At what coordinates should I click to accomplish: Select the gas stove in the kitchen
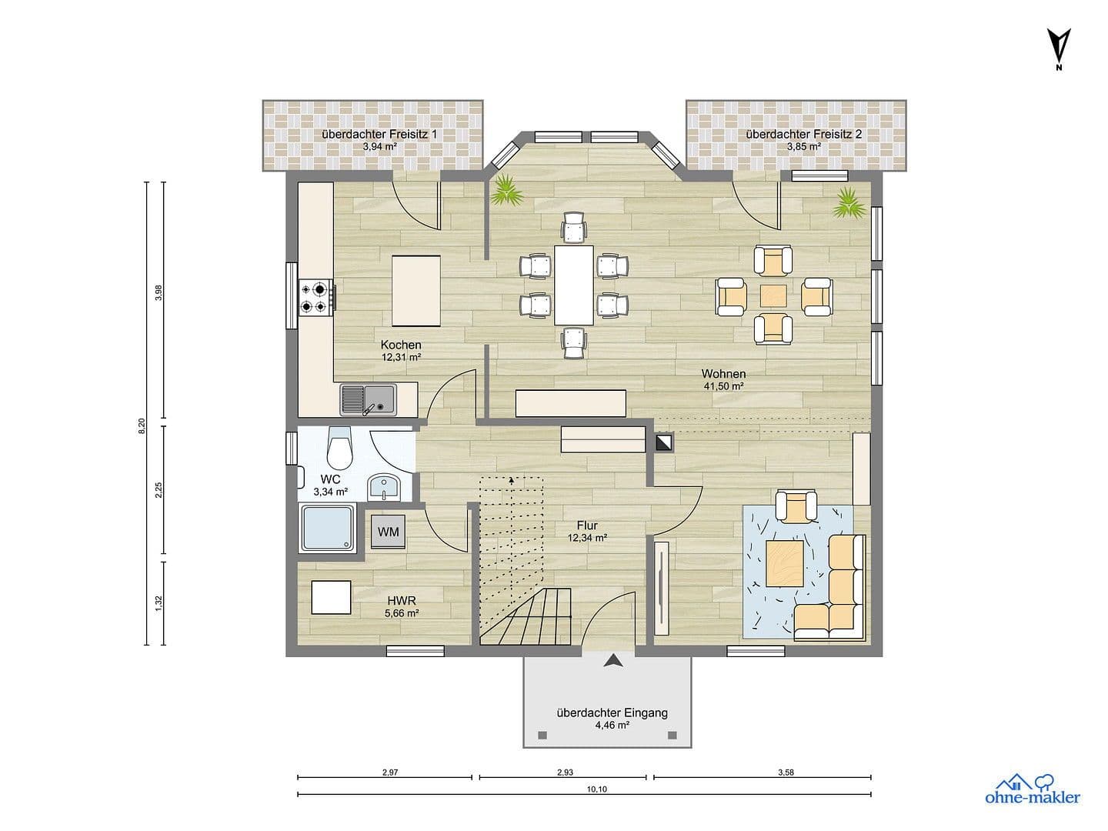(316, 298)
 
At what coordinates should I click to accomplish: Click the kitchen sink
(368, 399)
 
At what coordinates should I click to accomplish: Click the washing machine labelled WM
(389, 532)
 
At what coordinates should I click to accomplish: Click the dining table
(574, 285)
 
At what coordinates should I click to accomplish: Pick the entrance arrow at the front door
(613, 660)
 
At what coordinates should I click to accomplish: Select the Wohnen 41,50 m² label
(723, 380)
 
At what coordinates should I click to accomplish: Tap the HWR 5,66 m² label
(402, 607)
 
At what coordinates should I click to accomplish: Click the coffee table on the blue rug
(785, 559)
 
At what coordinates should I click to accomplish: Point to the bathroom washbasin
(384, 487)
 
